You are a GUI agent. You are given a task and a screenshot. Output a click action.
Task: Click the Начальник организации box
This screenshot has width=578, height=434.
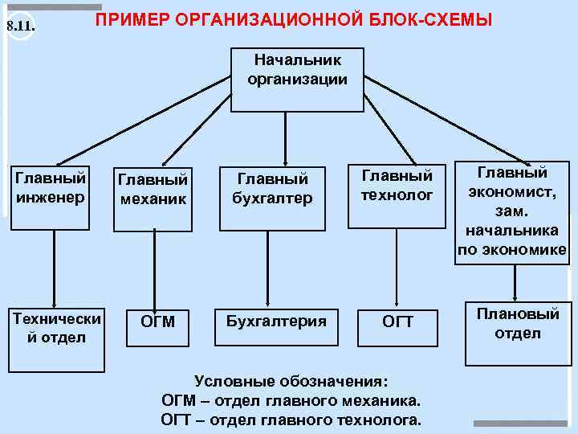[297, 80]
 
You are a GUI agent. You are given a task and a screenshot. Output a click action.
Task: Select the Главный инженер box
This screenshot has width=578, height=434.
[51, 186]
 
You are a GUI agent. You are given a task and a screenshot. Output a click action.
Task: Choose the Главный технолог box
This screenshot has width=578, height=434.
[397, 185]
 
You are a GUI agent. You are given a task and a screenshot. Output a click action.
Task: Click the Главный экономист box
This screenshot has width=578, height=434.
[512, 211]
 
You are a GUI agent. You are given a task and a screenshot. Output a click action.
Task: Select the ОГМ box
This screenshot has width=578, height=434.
[157, 322]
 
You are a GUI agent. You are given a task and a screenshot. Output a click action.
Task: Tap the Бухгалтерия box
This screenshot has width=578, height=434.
[277, 322]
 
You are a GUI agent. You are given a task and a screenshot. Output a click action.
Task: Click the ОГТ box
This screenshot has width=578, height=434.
[398, 322]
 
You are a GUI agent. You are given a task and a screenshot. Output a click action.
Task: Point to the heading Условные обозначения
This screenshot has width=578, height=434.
[291, 380]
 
